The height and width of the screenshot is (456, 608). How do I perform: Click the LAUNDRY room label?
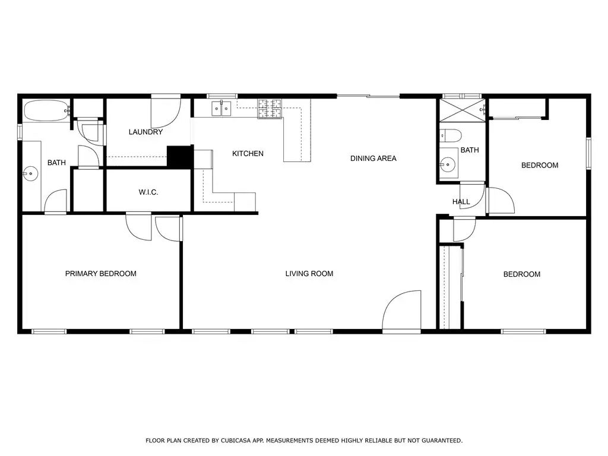coord(145,132)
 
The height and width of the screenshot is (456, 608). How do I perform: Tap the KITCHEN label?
coord(248,154)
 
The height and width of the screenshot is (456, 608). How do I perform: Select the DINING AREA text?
coord(373,158)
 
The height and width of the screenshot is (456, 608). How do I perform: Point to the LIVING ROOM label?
coord(309,273)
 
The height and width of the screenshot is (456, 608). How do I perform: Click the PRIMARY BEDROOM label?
coord(100,273)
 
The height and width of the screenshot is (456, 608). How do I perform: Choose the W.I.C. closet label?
coord(148,192)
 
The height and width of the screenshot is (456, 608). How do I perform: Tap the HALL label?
coord(461,202)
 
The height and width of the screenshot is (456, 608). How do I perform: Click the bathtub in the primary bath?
coord(46,111)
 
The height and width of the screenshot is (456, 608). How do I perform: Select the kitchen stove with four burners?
coord(270,109)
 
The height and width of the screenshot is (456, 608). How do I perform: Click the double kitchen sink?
coord(221,109)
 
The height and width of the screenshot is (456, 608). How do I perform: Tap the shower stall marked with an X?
coord(462,110)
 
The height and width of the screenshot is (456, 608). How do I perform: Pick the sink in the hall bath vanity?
coord(448,165)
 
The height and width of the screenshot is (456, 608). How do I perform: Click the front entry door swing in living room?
coord(401,310)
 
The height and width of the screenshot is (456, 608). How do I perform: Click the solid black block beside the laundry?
coord(180,157)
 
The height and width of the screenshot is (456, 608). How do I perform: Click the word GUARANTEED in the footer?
coord(442,441)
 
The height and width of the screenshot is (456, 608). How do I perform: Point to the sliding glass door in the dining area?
coord(368,96)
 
